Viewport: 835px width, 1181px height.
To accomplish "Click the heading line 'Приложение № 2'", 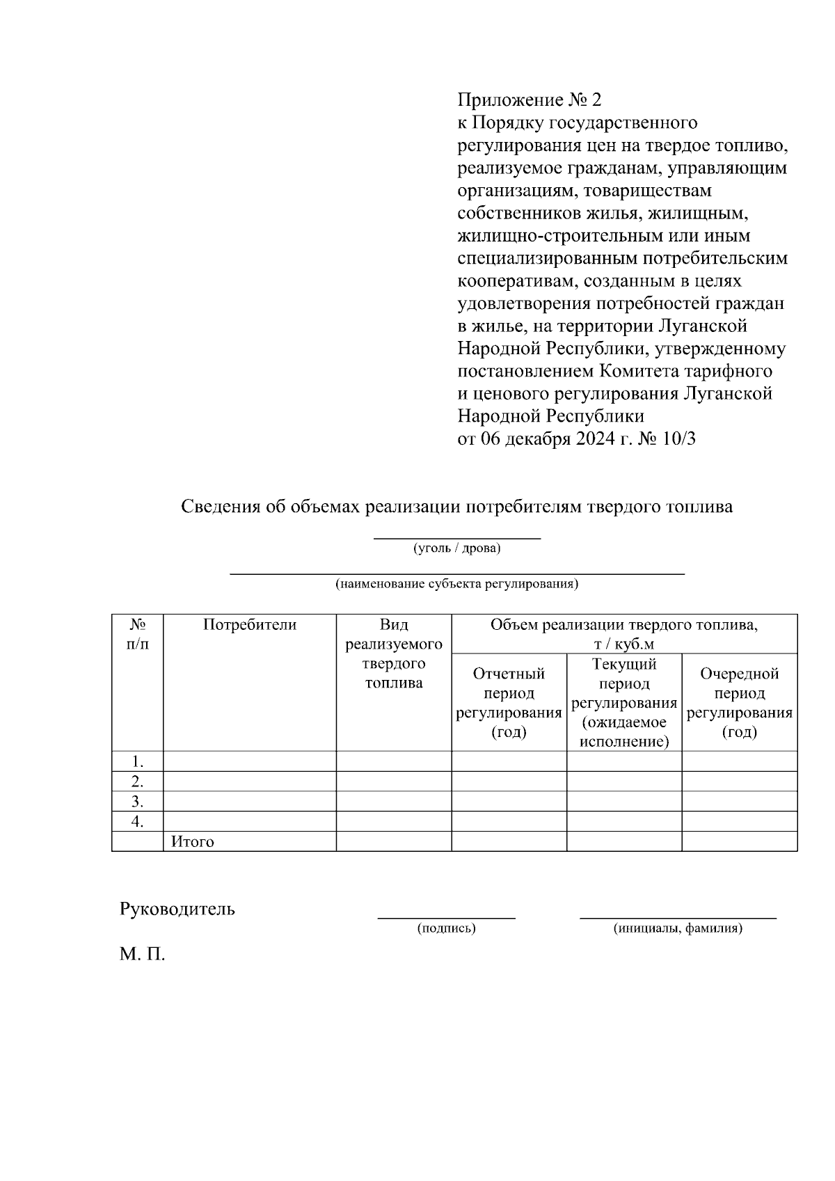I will [x=529, y=100].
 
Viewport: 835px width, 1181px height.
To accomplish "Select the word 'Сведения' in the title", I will [x=222, y=507].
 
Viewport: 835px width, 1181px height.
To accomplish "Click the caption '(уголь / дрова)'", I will [x=457, y=548].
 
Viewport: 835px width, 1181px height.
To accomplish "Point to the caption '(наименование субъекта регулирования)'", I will [x=457, y=584].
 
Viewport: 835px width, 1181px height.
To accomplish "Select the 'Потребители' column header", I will [x=250, y=625].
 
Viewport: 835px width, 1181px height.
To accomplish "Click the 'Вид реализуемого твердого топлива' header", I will [x=394, y=653].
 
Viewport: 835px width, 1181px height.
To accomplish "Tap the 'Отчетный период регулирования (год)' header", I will [x=509, y=702].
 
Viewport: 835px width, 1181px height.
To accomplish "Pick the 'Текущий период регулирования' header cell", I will [x=624, y=702].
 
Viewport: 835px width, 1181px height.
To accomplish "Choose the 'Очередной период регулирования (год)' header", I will [x=739, y=702].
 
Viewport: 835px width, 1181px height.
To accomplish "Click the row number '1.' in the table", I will [x=138, y=761].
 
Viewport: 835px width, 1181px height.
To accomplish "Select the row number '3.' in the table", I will [x=138, y=801].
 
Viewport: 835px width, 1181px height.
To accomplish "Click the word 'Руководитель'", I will [x=177, y=909].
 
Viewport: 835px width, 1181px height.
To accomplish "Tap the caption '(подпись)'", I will [x=446, y=928].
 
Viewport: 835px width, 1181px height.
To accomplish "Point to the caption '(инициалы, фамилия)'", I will [x=678, y=928].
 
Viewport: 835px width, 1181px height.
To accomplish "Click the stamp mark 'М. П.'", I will [x=143, y=954].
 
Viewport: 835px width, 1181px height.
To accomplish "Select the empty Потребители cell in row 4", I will [x=250, y=821].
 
